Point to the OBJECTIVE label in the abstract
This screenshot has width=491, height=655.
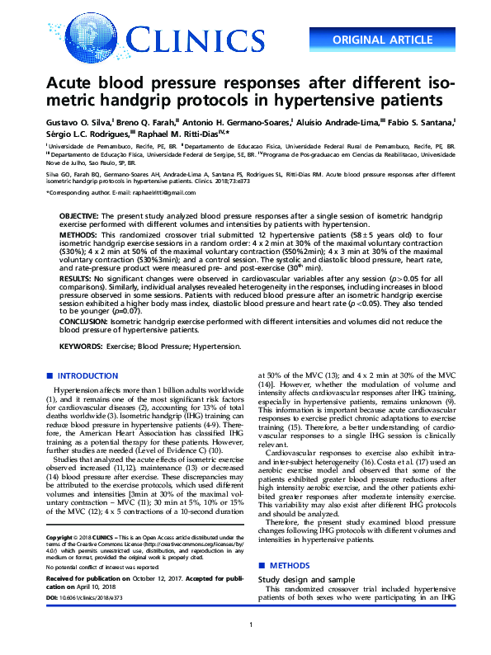click(x=78, y=214)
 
